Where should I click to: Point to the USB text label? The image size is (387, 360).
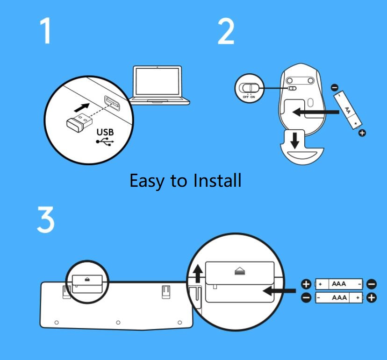(x=105, y=132)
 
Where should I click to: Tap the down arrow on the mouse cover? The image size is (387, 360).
(x=294, y=141)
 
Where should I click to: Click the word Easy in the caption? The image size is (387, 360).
(x=147, y=181)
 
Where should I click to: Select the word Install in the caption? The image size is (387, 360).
(x=217, y=180)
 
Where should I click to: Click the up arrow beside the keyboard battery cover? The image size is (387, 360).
(x=197, y=273)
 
